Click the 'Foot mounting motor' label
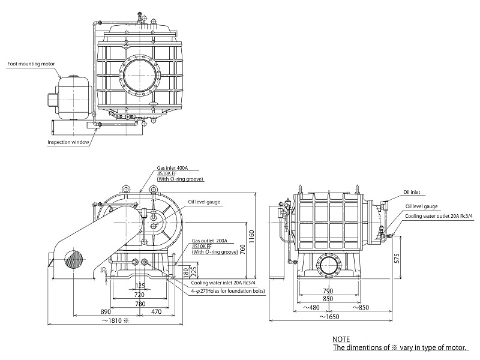click(x=31, y=62)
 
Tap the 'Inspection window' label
click(x=68, y=142)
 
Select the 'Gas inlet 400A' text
click(x=173, y=169)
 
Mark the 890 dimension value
click(x=106, y=312)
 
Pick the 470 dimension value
click(x=156, y=312)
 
